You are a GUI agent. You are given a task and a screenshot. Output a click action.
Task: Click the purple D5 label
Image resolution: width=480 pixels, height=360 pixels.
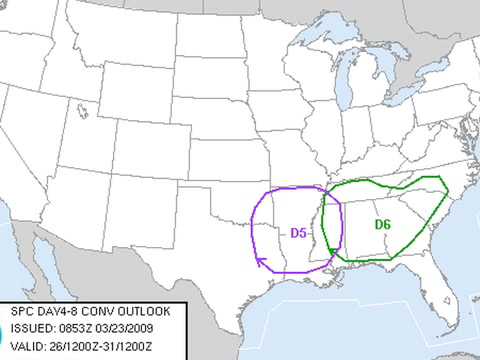[x=297, y=233]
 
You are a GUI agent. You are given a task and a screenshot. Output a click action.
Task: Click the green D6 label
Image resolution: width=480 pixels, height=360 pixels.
[x=382, y=224]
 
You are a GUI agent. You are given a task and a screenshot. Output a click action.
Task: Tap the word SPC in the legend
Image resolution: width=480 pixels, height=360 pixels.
[x=22, y=310]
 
